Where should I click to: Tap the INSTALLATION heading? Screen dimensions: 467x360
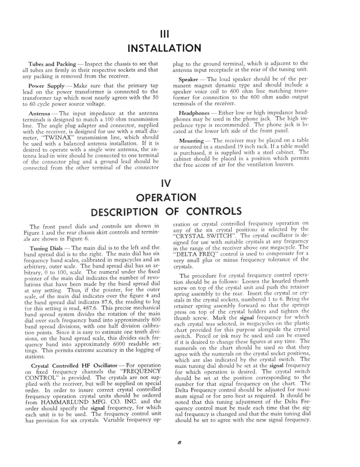point(164,48)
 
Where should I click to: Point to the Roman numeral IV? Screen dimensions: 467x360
point(165,184)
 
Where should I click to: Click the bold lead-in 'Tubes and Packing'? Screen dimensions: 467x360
point(52,64)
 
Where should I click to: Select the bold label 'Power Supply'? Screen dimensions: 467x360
point(47,86)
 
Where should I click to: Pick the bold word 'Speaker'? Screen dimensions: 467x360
point(188,80)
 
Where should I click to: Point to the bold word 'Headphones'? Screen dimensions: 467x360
point(194,113)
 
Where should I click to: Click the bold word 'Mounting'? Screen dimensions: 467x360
point(191,141)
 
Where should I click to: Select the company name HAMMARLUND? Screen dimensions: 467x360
point(61,402)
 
